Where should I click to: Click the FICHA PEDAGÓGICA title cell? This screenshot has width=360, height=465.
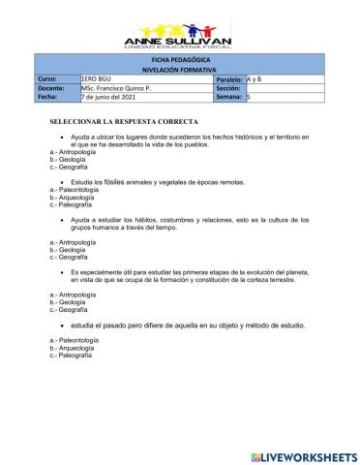pyautogui.click(x=181, y=60)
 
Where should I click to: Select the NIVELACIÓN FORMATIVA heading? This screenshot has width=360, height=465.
pyautogui.click(x=181, y=69)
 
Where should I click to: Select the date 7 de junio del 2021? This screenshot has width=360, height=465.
pyautogui.click(x=111, y=97)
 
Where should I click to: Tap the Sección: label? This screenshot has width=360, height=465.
pyautogui.click(x=228, y=88)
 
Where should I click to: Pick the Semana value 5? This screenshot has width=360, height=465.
pyautogui.click(x=250, y=97)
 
